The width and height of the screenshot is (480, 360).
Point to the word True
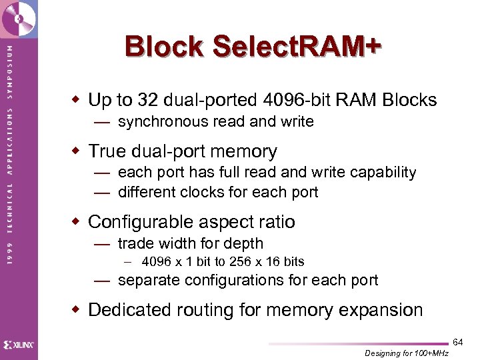(107, 151)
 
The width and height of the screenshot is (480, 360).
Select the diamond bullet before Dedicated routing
(77, 310)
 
